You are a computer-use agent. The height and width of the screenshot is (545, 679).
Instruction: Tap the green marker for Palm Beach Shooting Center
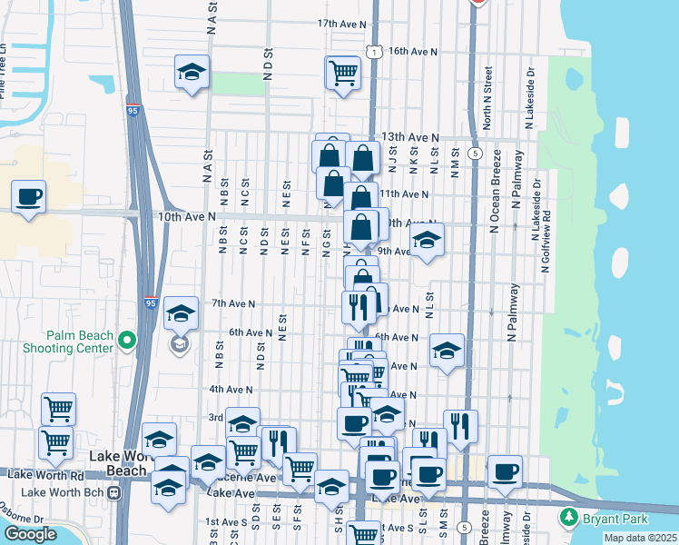coord(126,342)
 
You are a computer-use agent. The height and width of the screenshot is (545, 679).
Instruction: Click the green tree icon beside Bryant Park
coord(569,517)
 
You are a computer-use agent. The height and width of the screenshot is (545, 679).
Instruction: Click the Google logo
coord(30,534)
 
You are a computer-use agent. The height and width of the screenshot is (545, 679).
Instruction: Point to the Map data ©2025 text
coord(641,538)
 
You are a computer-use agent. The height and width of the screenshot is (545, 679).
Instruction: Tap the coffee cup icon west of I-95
coord(29,197)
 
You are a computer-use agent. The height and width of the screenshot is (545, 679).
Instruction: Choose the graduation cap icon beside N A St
coord(192,72)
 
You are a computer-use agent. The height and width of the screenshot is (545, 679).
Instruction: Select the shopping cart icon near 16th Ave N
coord(343,72)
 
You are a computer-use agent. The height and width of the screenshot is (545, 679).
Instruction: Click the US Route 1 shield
coord(373,53)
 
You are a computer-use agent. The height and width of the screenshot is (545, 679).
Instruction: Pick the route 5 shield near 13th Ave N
coord(475,154)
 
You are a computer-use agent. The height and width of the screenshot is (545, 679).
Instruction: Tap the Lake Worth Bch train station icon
coord(113,492)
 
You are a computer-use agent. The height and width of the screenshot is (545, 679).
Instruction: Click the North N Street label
coord(487,96)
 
